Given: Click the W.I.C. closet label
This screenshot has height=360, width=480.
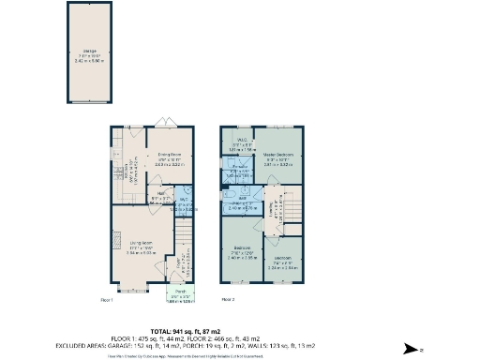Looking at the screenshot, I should tap(241, 140).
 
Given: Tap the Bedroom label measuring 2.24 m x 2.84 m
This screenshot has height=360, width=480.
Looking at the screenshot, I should tap(282, 262).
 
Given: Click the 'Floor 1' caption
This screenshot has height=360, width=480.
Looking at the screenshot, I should tap(107, 300).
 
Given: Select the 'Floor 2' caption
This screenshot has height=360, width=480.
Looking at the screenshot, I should tap(228, 300).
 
